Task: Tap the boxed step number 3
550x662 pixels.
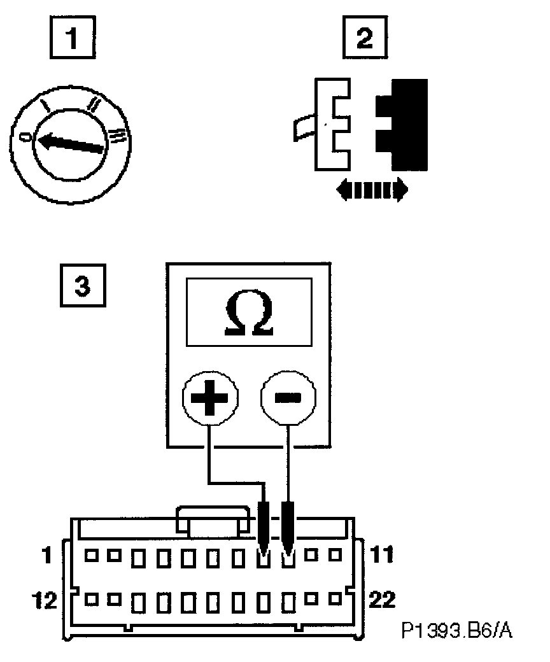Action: (82, 286)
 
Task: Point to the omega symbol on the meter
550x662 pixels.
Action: (250, 314)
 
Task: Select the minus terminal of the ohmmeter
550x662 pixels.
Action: (289, 398)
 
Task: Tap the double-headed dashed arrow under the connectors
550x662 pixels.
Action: (372, 190)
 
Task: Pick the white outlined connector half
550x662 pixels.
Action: (331, 124)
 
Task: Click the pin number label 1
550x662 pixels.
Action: (46, 556)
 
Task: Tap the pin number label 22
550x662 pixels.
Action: (381, 600)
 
